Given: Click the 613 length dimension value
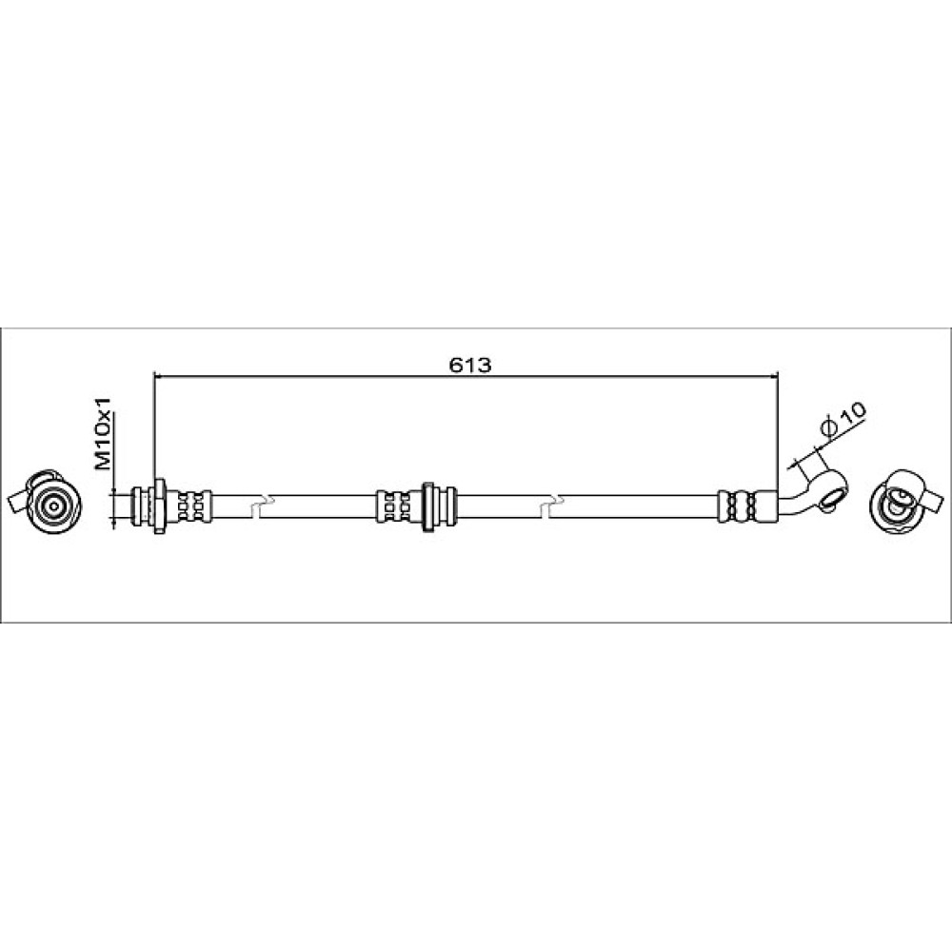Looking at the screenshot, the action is [470, 365].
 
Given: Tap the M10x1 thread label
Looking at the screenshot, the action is [104, 432].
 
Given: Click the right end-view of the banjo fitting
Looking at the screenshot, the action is [904, 501].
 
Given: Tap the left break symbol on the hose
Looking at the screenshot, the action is [264, 504].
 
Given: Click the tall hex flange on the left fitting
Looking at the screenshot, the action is [160, 506].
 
